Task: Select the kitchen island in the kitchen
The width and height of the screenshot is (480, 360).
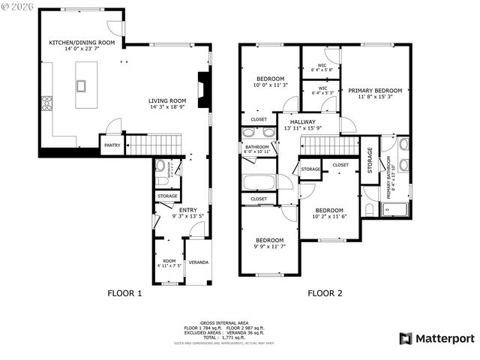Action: [80, 85]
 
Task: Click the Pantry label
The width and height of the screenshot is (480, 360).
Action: [112, 145]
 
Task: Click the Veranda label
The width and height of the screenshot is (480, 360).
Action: [198, 262]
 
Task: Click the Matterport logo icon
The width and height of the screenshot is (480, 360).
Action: [405, 338]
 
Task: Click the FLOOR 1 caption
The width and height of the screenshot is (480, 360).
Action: [124, 293]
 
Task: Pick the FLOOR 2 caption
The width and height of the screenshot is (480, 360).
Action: [324, 293]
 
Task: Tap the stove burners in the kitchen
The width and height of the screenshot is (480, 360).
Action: [46, 103]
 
